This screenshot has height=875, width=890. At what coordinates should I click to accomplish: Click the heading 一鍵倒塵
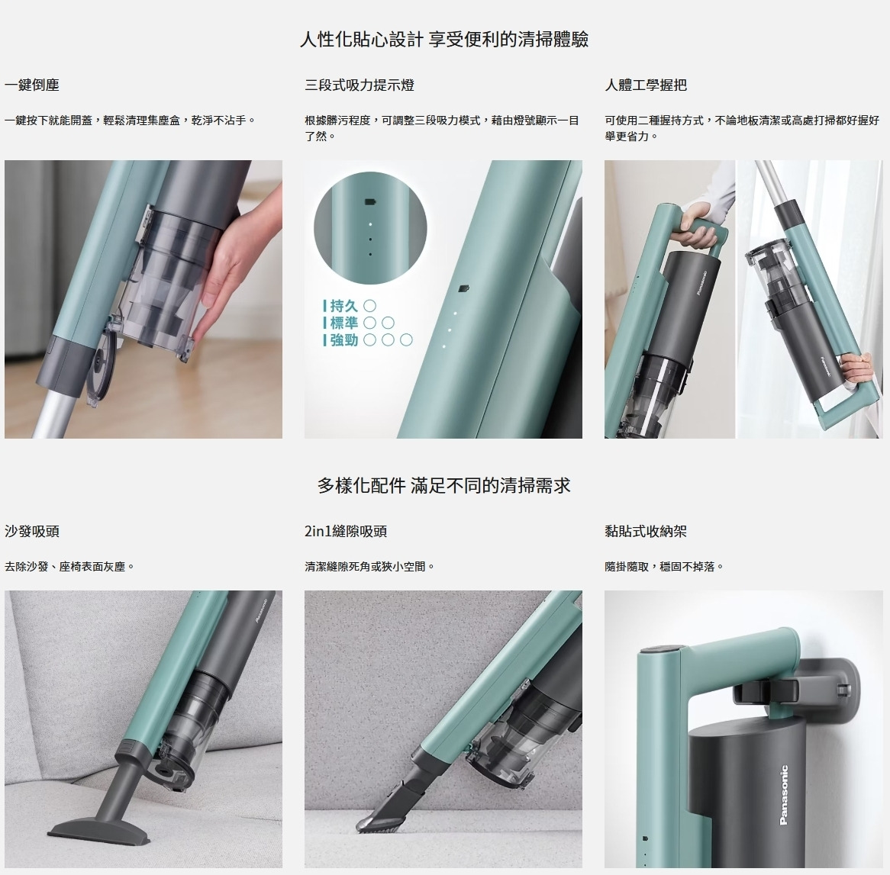coord(32,85)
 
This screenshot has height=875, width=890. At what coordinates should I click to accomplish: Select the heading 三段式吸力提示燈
coord(360,85)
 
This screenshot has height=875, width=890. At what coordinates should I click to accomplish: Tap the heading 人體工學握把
coord(646,85)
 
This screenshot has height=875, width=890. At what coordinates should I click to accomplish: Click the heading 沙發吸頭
coord(32,531)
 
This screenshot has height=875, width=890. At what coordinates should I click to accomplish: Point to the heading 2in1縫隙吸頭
coord(346,531)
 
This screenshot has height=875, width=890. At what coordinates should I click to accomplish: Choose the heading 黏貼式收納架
coord(646,531)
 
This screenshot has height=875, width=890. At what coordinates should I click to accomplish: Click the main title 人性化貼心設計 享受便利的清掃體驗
coord(444,39)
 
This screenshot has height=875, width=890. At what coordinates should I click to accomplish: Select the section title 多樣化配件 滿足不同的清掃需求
coord(444,485)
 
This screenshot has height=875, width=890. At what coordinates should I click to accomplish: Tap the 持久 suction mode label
coord(343,307)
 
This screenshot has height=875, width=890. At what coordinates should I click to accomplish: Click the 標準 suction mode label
coord(343,323)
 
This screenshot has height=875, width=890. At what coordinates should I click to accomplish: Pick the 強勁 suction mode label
coord(343,340)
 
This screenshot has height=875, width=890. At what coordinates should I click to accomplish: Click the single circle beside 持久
coord(369,307)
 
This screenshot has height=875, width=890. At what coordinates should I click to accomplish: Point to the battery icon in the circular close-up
coord(370,202)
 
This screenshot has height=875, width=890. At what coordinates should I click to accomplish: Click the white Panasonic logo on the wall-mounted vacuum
coord(784,794)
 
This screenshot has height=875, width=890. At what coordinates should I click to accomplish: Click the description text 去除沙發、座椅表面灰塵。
coord(69,566)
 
